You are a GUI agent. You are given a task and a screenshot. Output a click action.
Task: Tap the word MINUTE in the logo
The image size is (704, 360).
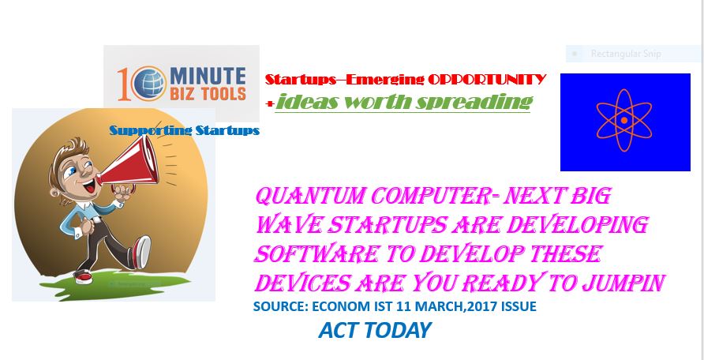208,76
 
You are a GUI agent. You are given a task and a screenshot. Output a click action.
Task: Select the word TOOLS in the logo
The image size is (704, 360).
223,93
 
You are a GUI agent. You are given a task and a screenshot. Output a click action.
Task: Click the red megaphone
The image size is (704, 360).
127,163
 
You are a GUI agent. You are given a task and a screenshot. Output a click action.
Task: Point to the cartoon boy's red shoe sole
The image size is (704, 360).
144,253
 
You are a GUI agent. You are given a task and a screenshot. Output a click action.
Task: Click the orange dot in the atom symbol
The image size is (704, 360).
624,120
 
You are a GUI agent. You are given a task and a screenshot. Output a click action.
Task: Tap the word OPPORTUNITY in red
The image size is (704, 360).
487,80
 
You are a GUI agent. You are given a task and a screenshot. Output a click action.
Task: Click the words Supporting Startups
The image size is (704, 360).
185,130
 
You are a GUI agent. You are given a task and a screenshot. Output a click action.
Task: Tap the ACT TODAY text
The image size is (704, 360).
375,331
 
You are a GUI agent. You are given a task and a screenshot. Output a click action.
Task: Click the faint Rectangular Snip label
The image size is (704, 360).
626,54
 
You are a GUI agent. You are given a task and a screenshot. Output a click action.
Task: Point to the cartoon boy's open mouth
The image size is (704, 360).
90,186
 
